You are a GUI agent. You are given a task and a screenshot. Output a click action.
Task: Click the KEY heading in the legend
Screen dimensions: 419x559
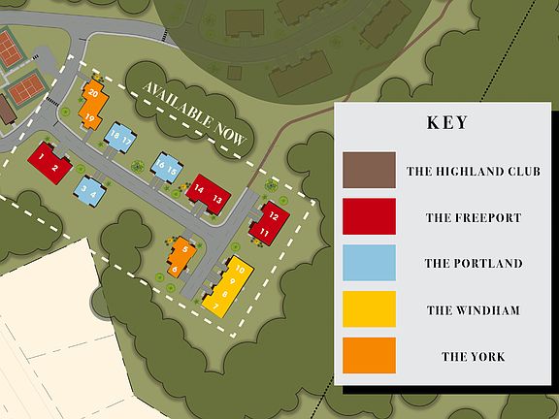click(x=447, y=123)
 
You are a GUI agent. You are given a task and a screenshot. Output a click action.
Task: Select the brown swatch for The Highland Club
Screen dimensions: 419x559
click(x=369, y=171)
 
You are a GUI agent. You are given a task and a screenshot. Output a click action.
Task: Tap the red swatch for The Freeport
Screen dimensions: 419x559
click(x=369, y=217)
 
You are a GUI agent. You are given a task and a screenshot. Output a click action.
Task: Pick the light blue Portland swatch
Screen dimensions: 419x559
click(x=369, y=263)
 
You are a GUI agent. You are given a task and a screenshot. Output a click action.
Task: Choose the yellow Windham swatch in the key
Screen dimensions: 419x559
click(x=369, y=309)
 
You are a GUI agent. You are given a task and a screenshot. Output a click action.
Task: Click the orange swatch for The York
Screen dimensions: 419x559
click(x=369, y=356)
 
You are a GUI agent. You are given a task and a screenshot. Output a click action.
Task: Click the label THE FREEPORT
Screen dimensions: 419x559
click(x=473, y=218)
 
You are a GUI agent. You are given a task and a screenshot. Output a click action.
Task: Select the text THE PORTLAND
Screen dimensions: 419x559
click(x=473, y=264)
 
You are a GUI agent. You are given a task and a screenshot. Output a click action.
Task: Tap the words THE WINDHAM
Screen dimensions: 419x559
click(x=473, y=310)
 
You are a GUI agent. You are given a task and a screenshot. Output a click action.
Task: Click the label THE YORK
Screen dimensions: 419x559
click(x=473, y=357)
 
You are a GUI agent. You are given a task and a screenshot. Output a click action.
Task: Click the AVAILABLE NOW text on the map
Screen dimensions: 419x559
click(x=195, y=113)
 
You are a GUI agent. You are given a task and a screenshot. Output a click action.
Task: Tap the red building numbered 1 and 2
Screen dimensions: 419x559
click(x=49, y=162)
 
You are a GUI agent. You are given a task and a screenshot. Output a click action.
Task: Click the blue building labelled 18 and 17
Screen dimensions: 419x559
click(x=120, y=137)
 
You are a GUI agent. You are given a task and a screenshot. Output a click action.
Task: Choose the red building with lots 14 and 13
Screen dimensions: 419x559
click(x=207, y=192)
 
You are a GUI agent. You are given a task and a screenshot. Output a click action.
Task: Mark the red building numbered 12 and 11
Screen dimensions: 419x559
click(x=271, y=224)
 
